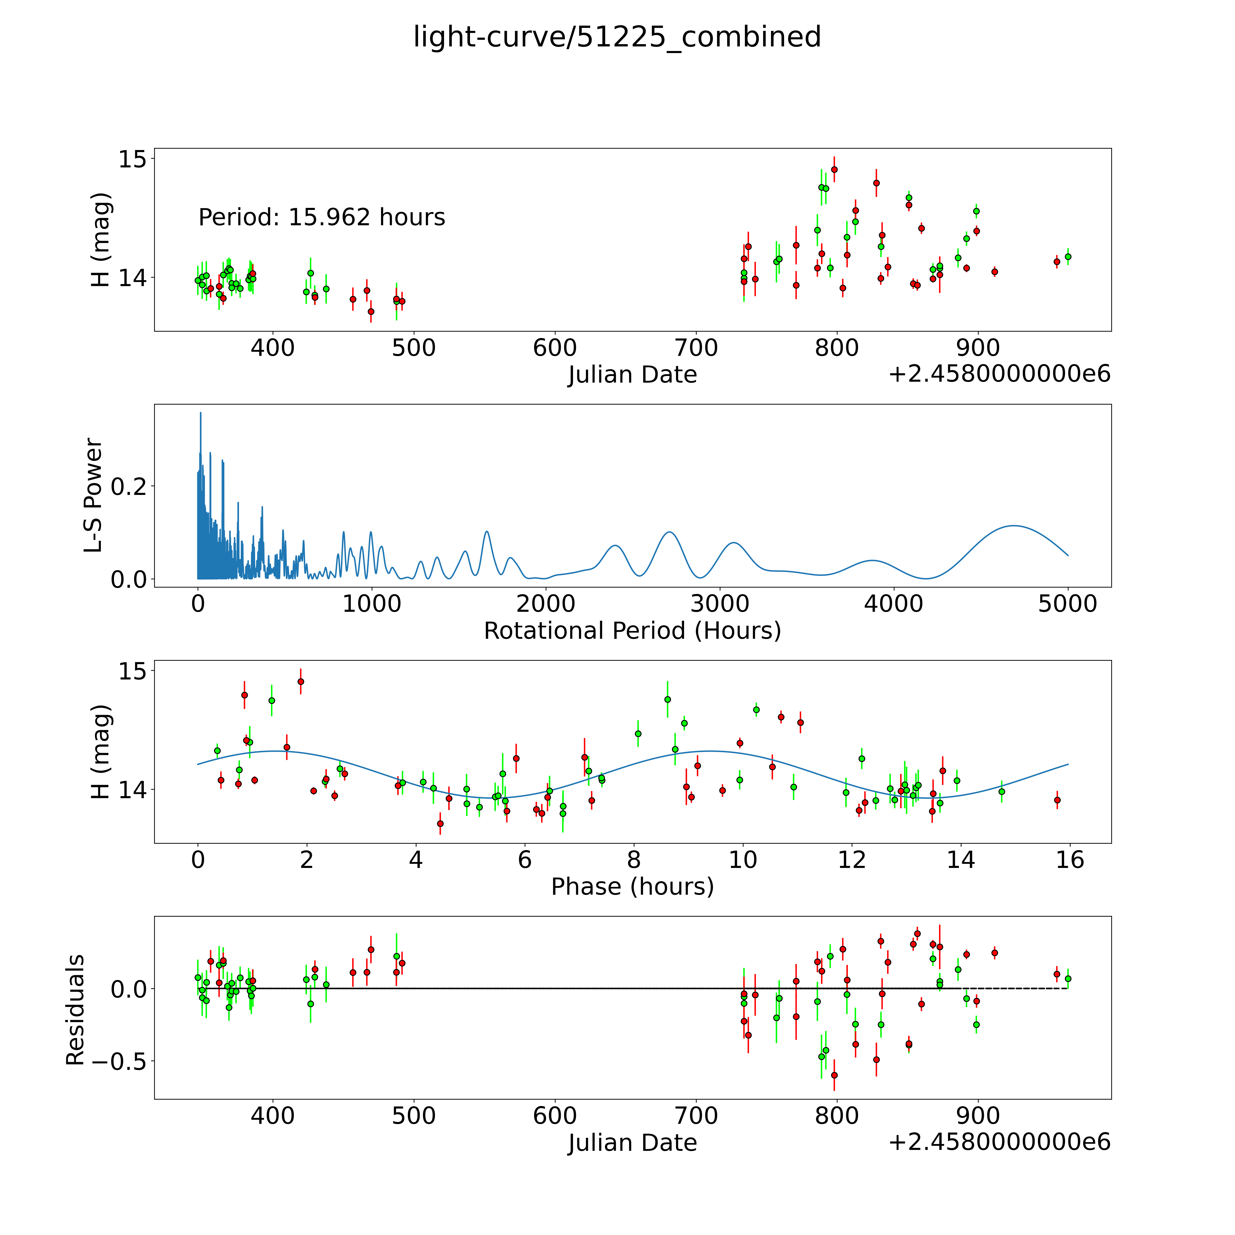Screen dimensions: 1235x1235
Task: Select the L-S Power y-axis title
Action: (x=93, y=495)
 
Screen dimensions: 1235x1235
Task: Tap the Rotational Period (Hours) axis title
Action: (x=632, y=631)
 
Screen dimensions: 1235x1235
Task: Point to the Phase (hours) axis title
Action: (x=632, y=887)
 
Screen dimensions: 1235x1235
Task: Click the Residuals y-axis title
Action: (x=75, y=1010)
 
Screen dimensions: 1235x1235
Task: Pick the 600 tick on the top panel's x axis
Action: (x=555, y=348)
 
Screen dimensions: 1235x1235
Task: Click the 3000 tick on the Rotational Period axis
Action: (x=720, y=604)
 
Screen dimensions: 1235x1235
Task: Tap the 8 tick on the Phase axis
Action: (x=634, y=860)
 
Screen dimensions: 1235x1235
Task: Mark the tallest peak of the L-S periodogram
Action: (x=200, y=413)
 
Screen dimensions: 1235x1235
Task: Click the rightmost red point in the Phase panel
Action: (x=1057, y=800)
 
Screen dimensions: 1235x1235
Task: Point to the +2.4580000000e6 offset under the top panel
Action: (x=999, y=374)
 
